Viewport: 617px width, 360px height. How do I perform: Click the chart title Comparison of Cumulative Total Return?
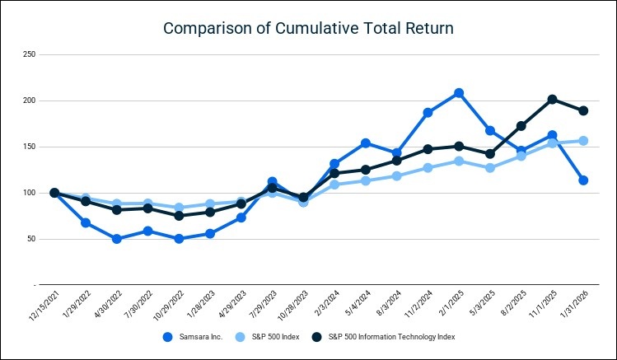(308, 28)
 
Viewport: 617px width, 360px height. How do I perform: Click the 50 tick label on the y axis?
(31, 239)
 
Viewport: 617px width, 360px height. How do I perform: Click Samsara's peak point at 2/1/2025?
(459, 93)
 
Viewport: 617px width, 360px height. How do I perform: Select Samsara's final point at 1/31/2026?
(582, 180)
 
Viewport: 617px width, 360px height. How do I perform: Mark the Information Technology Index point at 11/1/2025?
(552, 100)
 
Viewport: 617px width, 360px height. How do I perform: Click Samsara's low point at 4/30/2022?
(117, 239)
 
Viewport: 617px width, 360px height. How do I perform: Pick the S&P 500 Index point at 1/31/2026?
(582, 141)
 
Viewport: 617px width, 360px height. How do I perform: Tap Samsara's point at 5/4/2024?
(366, 143)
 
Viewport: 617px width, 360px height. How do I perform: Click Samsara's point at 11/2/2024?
(428, 113)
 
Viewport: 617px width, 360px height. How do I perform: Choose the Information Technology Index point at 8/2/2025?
(521, 126)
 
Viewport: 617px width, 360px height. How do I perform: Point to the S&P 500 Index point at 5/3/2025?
(489, 168)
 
